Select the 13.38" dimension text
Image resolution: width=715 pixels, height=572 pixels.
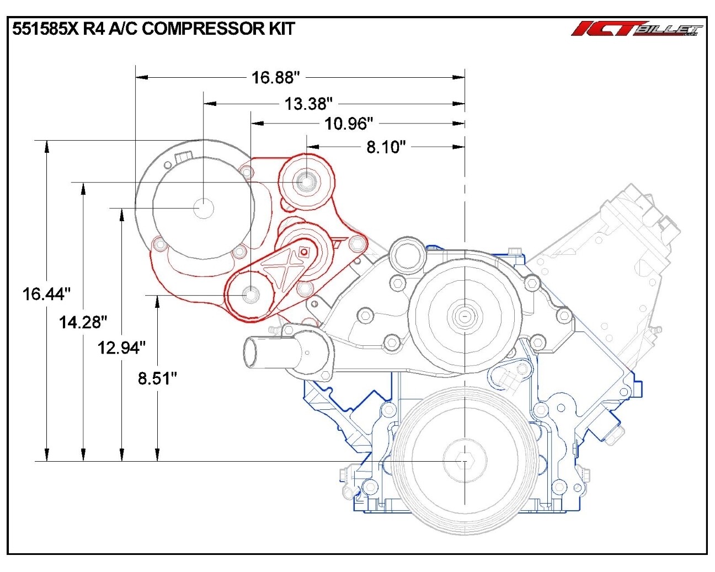pyautogui.click(x=309, y=103)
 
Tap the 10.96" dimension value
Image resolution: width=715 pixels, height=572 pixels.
pyautogui.click(x=349, y=124)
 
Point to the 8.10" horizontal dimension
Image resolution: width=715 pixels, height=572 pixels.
pyautogui.click(x=386, y=147)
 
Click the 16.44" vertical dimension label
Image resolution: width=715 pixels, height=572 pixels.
pyautogui.click(x=46, y=293)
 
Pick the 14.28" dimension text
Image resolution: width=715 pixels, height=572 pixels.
pyautogui.click(x=83, y=322)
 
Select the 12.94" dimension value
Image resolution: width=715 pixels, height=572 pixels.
pyautogui.click(x=121, y=348)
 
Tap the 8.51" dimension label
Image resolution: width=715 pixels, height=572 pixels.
pyautogui.click(x=157, y=378)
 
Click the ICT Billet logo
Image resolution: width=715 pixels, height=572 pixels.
pyautogui.click(x=637, y=29)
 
